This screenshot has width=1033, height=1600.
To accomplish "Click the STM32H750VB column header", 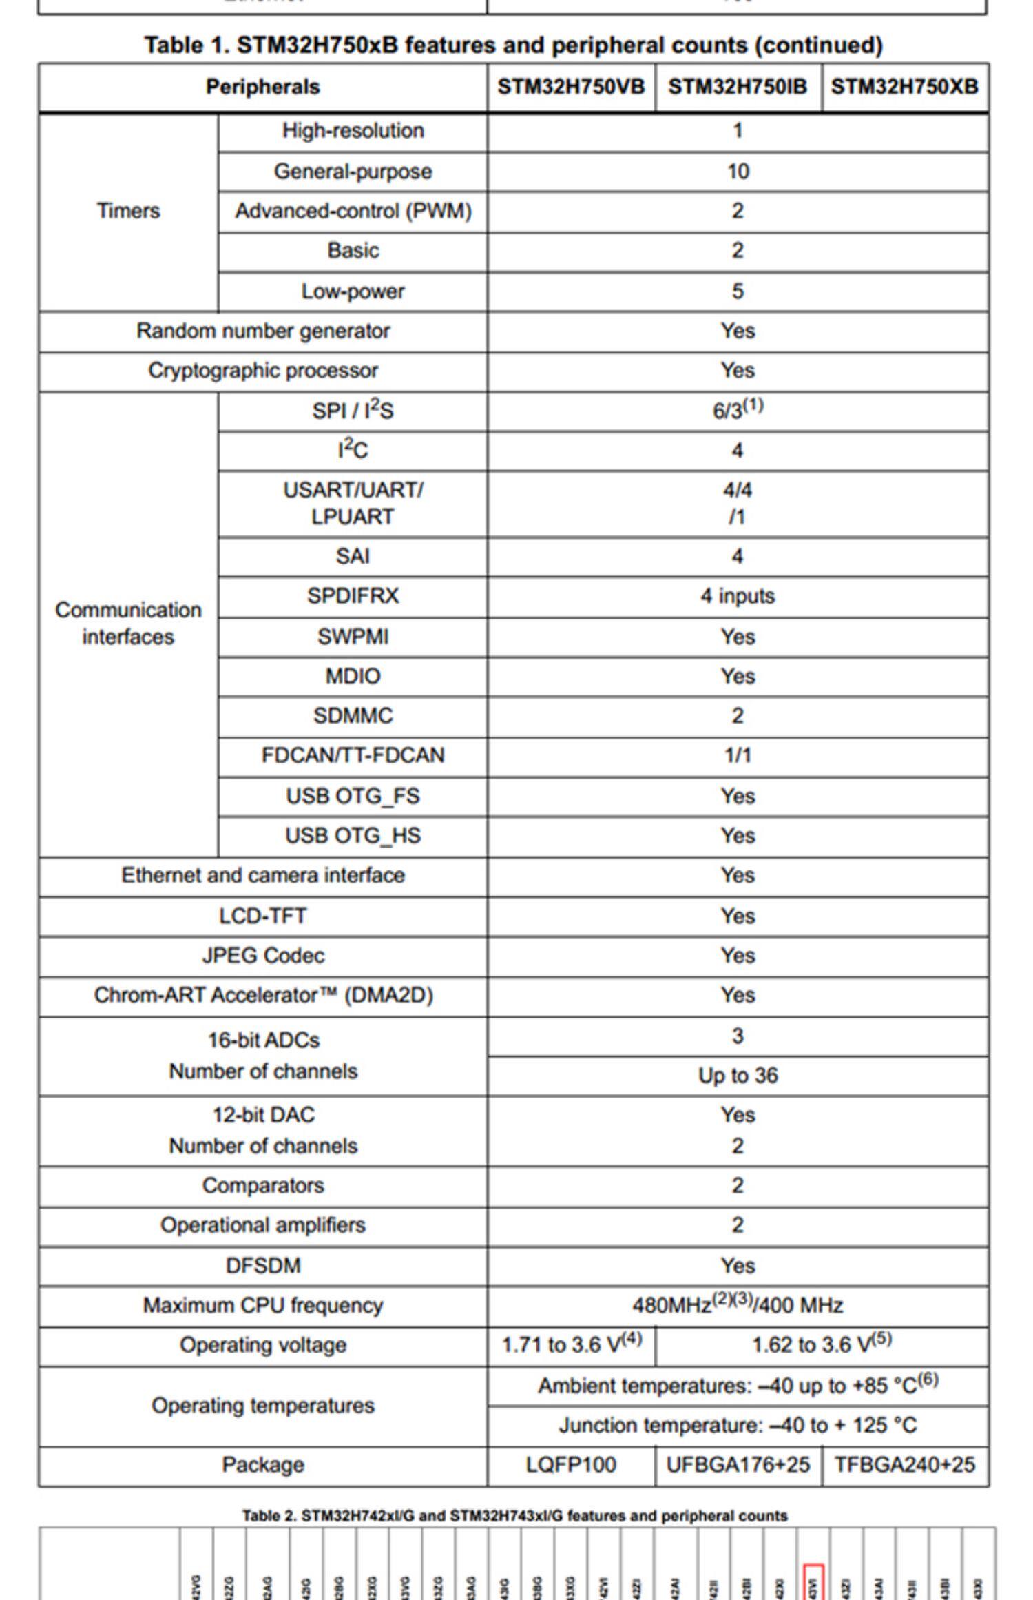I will (x=571, y=87).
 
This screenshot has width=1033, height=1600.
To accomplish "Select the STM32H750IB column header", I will (x=738, y=87).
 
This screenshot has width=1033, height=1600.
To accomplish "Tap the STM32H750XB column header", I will (x=904, y=87).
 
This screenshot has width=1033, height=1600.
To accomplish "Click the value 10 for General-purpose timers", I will (x=738, y=172).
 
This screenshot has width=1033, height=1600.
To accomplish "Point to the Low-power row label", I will (x=353, y=291).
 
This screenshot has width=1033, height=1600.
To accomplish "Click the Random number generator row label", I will (x=263, y=331).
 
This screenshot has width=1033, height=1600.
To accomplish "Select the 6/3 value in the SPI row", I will (x=738, y=410).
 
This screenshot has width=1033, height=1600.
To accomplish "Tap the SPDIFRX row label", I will (x=353, y=595).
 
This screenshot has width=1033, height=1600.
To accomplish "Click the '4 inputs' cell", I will (x=738, y=595).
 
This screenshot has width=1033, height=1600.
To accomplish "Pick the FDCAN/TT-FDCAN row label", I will (x=353, y=755).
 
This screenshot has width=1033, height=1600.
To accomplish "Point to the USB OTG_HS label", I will (x=353, y=835).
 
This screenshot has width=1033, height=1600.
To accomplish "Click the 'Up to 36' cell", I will (x=738, y=1075).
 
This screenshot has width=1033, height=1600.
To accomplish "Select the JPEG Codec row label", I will (x=263, y=956).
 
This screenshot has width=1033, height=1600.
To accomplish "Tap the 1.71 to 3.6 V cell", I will (x=571, y=1344).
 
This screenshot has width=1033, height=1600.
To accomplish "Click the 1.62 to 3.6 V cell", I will (x=822, y=1344).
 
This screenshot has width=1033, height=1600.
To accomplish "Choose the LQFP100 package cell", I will (x=571, y=1464).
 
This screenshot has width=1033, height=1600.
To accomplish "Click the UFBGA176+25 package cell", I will (x=738, y=1464).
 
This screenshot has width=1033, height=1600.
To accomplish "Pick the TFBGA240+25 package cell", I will (x=904, y=1464).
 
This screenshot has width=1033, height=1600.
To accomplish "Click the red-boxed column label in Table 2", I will (x=813, y=1583).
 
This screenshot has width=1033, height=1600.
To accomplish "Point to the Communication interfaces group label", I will (x=128, y=623).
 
